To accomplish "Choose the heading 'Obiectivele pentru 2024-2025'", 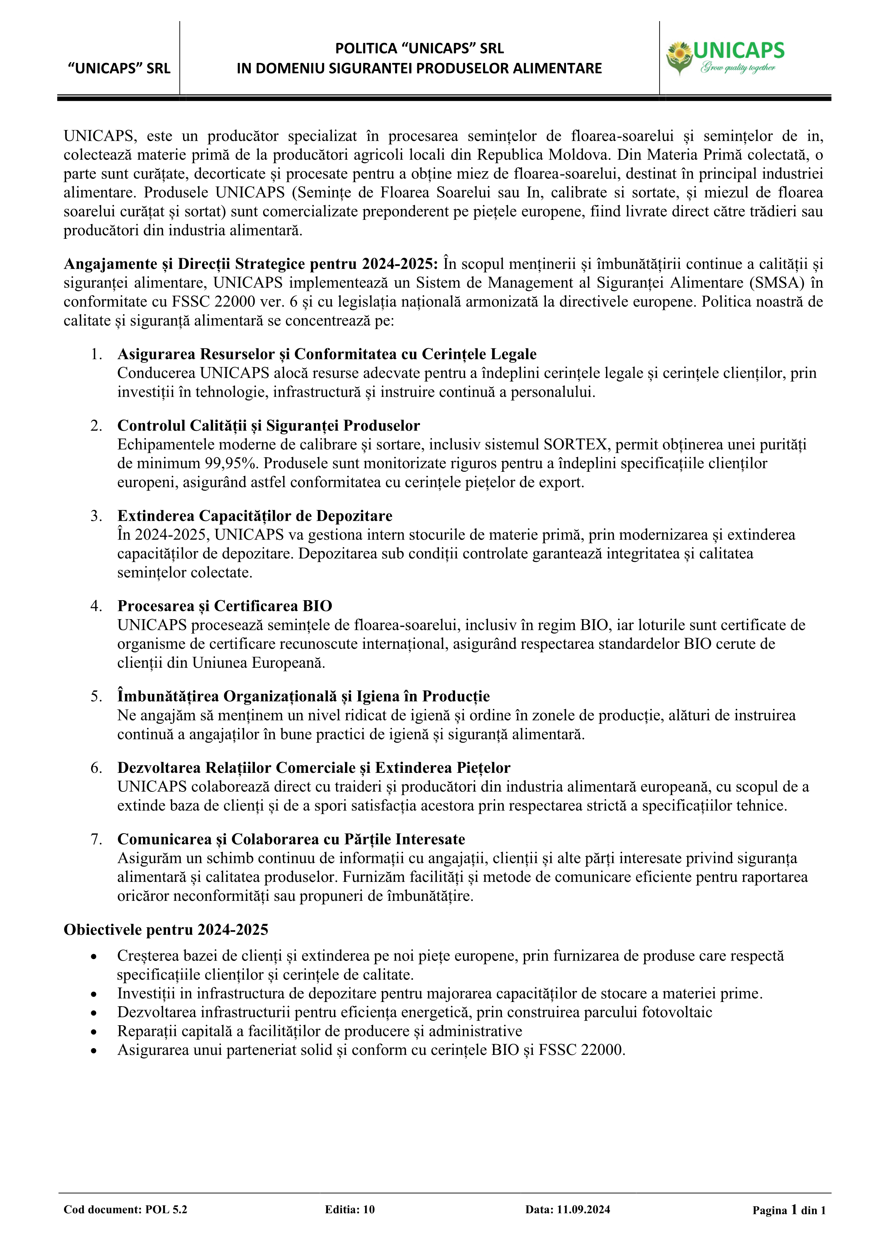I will click(x=166, y=929).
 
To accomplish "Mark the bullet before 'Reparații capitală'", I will click(x=94, y=1032).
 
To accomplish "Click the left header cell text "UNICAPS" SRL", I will click(x=119, y=68).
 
